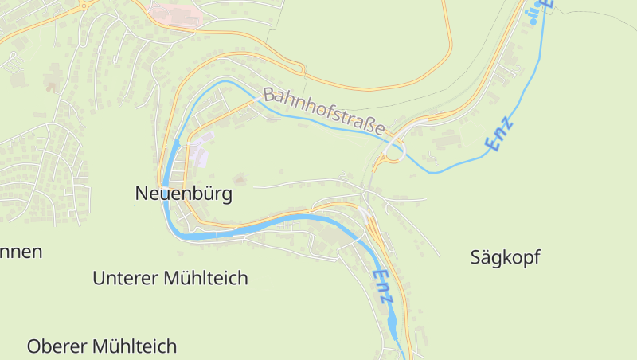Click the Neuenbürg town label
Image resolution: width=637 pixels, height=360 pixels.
[x=184, y=194]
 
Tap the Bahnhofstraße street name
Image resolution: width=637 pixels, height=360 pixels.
[x=324, y=112]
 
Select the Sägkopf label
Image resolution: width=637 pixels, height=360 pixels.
[x=505, y=257]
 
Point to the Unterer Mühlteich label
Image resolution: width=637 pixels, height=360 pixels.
[x=170, y=278]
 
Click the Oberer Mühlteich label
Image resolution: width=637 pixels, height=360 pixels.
[x=102, y=346]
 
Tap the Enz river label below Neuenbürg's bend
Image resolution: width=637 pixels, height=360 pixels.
[x=383, y=286]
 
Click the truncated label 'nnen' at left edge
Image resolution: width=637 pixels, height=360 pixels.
[x=21, y=252]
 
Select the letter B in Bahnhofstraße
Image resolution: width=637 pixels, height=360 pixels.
[x=268, y=95]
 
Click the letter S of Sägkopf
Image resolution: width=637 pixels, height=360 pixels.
[x=475, y=257]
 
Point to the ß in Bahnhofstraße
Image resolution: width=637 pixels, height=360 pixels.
[x=368, y=124]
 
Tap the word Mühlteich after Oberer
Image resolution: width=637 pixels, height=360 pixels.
[x=134, y=346]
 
